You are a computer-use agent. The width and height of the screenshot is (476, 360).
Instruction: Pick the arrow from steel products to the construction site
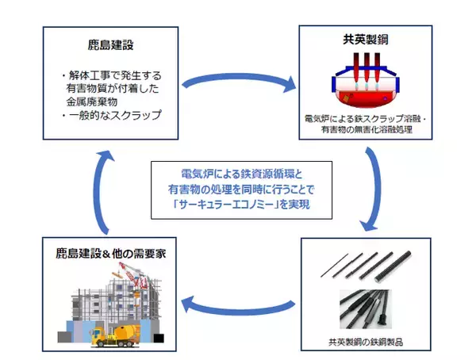(x=238, y=299)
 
